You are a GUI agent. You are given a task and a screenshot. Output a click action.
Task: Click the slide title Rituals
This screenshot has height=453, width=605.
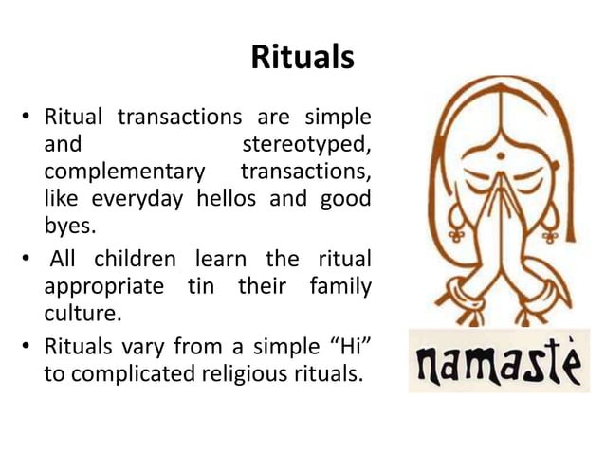click(302, 59)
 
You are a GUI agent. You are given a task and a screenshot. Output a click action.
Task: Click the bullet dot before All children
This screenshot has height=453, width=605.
click(28, 259)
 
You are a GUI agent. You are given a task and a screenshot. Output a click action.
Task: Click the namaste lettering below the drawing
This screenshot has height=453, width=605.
click(498, 360)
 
